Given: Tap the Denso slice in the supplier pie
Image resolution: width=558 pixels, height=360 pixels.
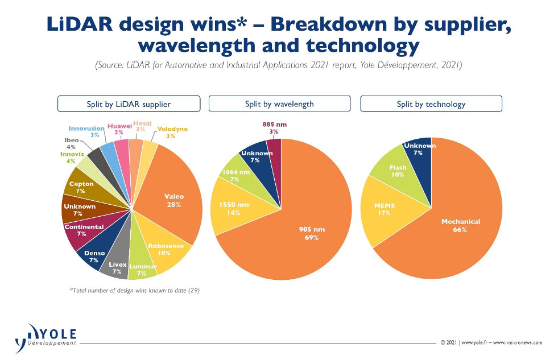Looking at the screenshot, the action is tap(96, 254).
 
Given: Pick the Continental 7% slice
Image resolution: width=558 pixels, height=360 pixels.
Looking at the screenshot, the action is tap(84, 230).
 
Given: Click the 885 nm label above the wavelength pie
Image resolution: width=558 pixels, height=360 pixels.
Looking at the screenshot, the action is tap(274, 125).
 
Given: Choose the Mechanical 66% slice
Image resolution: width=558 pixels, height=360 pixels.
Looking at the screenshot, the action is tap(456, 227).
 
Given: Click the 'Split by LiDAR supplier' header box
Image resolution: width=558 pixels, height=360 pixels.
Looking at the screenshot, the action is tap(129, 104).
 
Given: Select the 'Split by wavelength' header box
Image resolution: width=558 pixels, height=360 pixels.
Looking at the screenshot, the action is tap(279, 104).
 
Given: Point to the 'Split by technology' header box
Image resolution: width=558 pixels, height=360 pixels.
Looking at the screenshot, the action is tap(431, 104).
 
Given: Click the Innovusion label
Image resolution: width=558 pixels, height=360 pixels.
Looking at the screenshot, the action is tap(86, 129).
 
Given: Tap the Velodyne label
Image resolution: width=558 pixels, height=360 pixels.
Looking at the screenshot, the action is tap(172, 129).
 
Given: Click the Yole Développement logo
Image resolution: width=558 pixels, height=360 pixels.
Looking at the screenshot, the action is tap(46, 338).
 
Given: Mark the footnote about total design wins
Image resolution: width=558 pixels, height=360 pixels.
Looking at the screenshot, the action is tap(134, 290).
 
